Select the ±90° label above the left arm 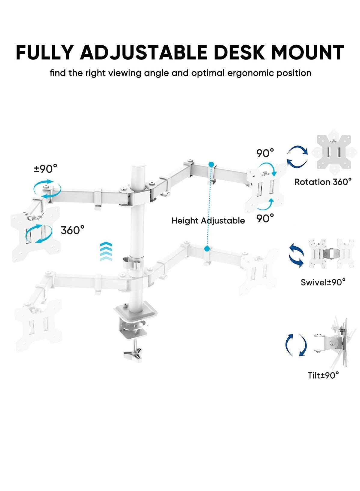tap(45, 169)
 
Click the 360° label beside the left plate tap(72, 230)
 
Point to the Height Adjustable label tap(208, 221)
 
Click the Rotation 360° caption tap(323, 182)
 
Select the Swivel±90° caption tap(323, 282)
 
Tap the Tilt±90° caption tap(323, 375)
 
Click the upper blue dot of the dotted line tap(212, 165)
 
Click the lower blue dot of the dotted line tap(207, 249)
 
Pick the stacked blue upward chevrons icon tap(106, 252)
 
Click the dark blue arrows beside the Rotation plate tap(297, 156)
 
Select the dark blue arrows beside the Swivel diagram tap(296, 255)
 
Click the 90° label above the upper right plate tap(265, 153)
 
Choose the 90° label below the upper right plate tap(265, 218)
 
